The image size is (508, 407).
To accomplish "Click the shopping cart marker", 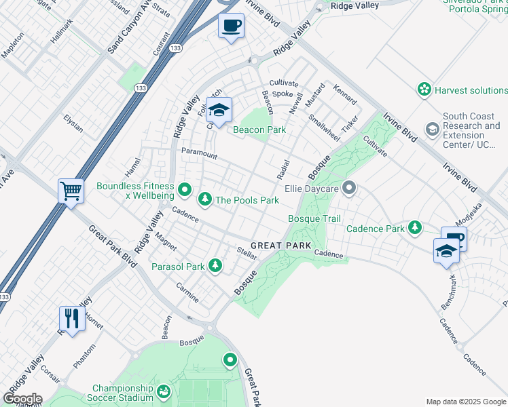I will [x=71, y=191].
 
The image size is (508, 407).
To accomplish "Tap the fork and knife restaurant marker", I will [x=71, y=317].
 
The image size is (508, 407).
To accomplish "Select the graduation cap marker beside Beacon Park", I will [x=219, y=110].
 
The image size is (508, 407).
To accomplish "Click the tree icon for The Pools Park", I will [x=204, y=199].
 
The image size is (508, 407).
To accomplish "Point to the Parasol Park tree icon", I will [x=215, y=266].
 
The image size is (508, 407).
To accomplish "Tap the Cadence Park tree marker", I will [x=414, y=229].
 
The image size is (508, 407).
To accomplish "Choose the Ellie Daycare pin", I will [x=349, y=187].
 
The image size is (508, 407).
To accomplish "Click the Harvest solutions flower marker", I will [x=424, y=90].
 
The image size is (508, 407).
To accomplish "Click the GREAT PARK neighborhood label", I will [x=281, y=246].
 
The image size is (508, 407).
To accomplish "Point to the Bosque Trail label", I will [x=314, y=218].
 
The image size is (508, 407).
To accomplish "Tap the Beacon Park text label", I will [x=259, y=130].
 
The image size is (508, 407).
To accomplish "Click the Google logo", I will [x=22, y=398].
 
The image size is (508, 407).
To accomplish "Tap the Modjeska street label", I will [x=469, y=214].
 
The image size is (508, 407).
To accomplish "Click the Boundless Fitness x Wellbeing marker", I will [x=184, y=188].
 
